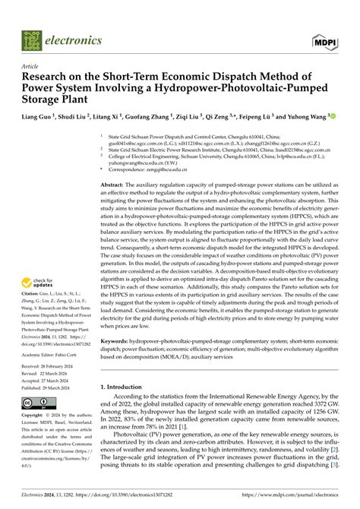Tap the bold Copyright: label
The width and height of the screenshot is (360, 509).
pos(37,418)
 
